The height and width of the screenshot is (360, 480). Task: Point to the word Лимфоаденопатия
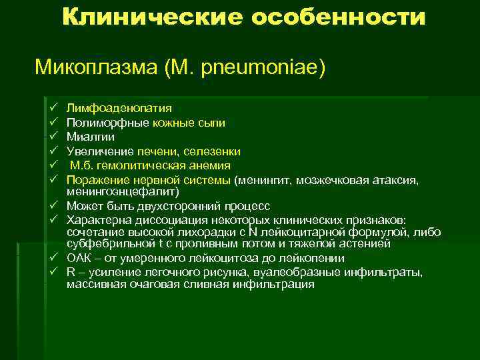point(119,108)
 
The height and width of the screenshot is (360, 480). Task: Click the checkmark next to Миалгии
point(53,137)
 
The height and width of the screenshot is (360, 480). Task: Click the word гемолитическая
point(142,165)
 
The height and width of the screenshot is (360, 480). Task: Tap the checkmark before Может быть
point(53,204)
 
